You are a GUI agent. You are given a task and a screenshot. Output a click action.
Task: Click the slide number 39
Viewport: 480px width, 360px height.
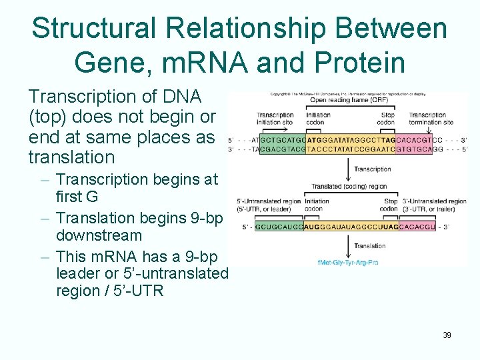(x=447, y=335)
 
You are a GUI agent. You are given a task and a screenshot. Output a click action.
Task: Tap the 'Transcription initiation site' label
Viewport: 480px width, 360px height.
(x=275, y=119)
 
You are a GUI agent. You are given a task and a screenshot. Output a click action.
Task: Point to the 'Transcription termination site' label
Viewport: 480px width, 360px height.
(x=431, y=119)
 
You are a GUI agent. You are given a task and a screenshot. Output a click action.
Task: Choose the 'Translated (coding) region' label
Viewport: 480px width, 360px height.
(x=349, y=187)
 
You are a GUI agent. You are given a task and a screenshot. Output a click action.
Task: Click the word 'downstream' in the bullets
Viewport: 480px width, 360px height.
(x=99, y=235)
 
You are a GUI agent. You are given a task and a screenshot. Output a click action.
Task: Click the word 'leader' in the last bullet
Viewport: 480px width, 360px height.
(x=80, y=274)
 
